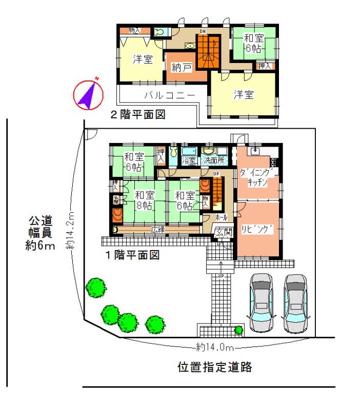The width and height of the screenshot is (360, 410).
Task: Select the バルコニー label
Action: [169, 95]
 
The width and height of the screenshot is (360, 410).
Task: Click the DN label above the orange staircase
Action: [203, 32]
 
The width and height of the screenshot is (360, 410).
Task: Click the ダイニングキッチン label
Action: [258, 179]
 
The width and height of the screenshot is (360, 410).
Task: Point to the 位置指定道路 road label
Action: [215, 367]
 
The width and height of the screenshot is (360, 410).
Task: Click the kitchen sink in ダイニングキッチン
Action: [255, 151]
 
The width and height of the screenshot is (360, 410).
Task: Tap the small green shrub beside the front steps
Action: [238, 330]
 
